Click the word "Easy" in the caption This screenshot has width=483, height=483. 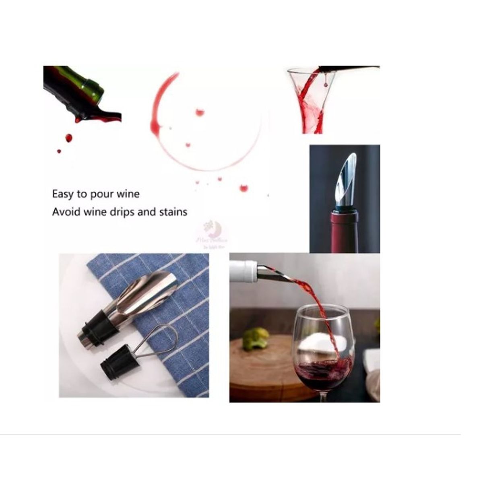coord(63,194)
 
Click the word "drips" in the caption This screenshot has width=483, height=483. coord(122,212)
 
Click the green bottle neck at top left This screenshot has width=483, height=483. coord(91,85)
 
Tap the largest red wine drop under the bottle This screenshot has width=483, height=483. coord(68,138)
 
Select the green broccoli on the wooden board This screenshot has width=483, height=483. coord(256,337)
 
